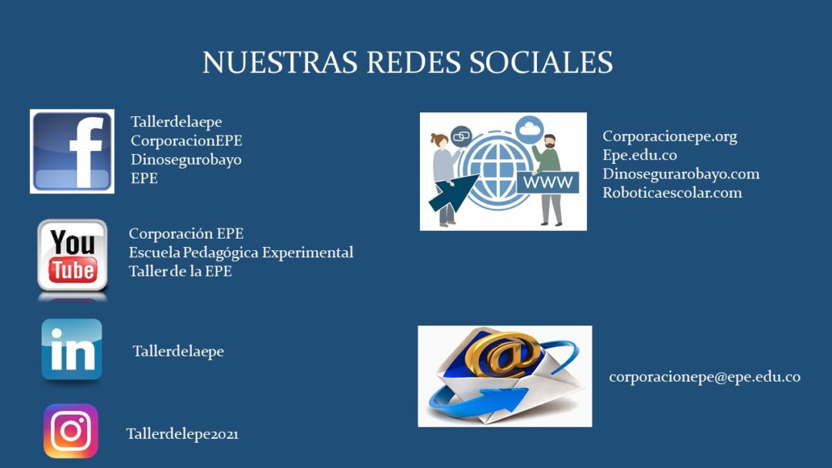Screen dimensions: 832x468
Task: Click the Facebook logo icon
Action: (72, 152)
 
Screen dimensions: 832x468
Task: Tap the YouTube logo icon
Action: (72, 256)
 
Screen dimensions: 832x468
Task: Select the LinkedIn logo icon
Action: (72, 349)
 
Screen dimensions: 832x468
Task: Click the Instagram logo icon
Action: (71, 431)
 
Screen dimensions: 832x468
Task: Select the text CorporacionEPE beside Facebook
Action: (186, 140)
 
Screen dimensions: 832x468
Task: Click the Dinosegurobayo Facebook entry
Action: (186, 159)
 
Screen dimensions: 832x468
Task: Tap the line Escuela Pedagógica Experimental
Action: (241, 252)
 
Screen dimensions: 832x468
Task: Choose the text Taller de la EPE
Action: (180, 272)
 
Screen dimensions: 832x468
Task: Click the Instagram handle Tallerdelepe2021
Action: (182, 434)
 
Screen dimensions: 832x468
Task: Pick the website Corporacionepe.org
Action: (669, 137)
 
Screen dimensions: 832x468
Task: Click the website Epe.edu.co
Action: (639, 155)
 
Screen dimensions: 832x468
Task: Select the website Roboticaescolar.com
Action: (673, 192)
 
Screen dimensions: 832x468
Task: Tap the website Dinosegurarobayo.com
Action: (681, 174)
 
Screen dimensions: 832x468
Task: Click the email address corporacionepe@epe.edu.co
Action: (705, 377)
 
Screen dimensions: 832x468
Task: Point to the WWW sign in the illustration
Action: (548, 182)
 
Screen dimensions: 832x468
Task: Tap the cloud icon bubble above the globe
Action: (529, 129)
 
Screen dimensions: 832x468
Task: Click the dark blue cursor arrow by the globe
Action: (453, 192)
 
